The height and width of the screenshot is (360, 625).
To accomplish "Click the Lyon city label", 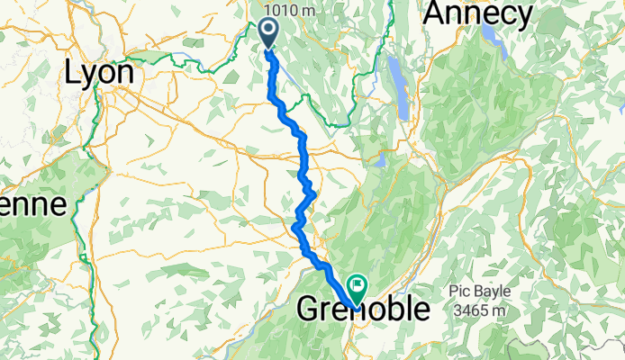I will (101, 73).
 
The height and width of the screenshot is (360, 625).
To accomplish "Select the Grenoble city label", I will (363, 310).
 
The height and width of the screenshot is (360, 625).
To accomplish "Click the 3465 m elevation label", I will (480, 309).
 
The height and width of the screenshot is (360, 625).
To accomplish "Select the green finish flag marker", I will (357, 289).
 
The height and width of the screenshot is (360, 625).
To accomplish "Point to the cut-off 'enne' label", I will (33, 204).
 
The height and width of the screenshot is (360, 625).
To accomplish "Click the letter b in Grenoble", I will (392, 309).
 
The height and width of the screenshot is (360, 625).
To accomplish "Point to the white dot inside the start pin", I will (269, 29).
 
